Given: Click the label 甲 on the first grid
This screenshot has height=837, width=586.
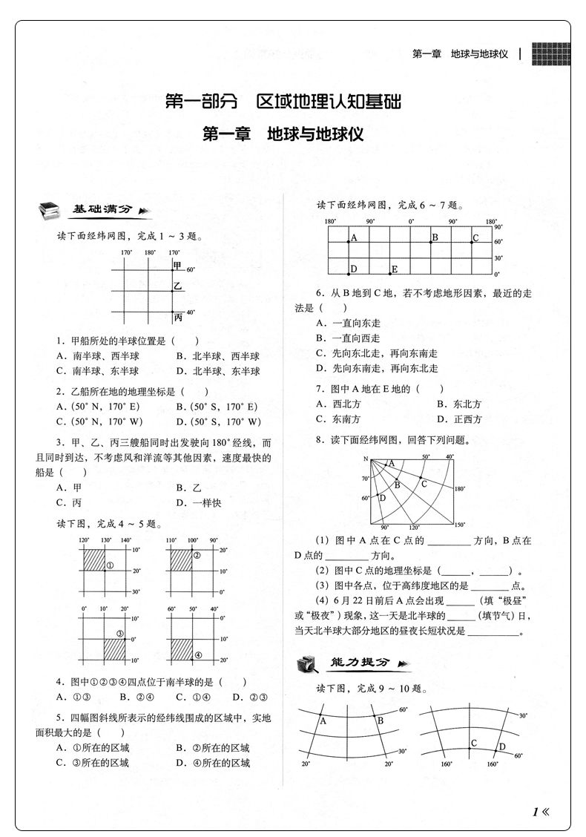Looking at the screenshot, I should [x=177, y=266].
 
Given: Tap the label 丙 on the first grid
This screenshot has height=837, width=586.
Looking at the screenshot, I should [x=177, y=318].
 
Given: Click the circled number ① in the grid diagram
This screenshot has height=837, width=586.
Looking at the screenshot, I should [x=108, y=566].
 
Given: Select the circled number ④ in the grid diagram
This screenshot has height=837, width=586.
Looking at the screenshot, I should [x=198, y=654].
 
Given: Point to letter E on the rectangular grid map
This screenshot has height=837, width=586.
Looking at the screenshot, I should [x=395, y=269].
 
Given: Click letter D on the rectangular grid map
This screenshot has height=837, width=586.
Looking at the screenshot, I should [x=354, y=269].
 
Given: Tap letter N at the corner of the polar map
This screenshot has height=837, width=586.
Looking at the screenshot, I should [x=366, y=459].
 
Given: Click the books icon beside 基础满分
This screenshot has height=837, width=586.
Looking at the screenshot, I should [x=50, y=211].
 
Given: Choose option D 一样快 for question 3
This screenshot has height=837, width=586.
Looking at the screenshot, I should [x=197, y=503].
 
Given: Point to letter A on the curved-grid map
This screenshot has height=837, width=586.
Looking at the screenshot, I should [x=323, y=720].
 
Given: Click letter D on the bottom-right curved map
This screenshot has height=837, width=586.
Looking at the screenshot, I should [x=501, y=746].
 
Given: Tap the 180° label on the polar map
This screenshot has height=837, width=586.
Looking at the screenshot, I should [x=459, y=489].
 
